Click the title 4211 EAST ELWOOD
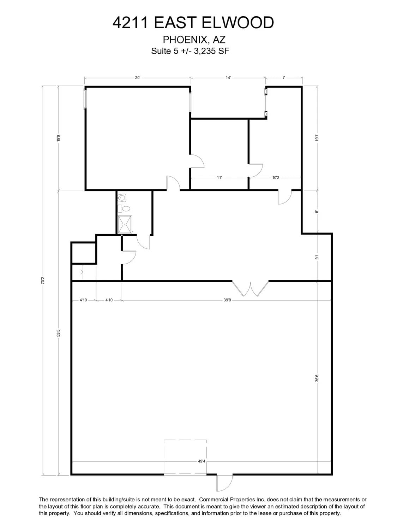[x=193, y=23]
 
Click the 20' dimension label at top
[x=138, y=78]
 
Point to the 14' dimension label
[x=228, y=78]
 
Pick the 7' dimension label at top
[x=284, y=78]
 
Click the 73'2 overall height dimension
[x=43, y=281]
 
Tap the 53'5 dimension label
[x=59, y=333]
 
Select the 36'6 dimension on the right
[x=317, y=378]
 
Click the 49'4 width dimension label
[x=202, y=461]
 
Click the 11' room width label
[x=219, y=178]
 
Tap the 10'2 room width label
[x=276, y=178]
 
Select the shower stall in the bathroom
[x=125, y=224]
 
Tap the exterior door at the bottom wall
[x=224, y=483]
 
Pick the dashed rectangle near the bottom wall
[x=185, y=457]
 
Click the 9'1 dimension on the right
[x=317, y=257]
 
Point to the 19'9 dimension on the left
[x=59, y=138]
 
